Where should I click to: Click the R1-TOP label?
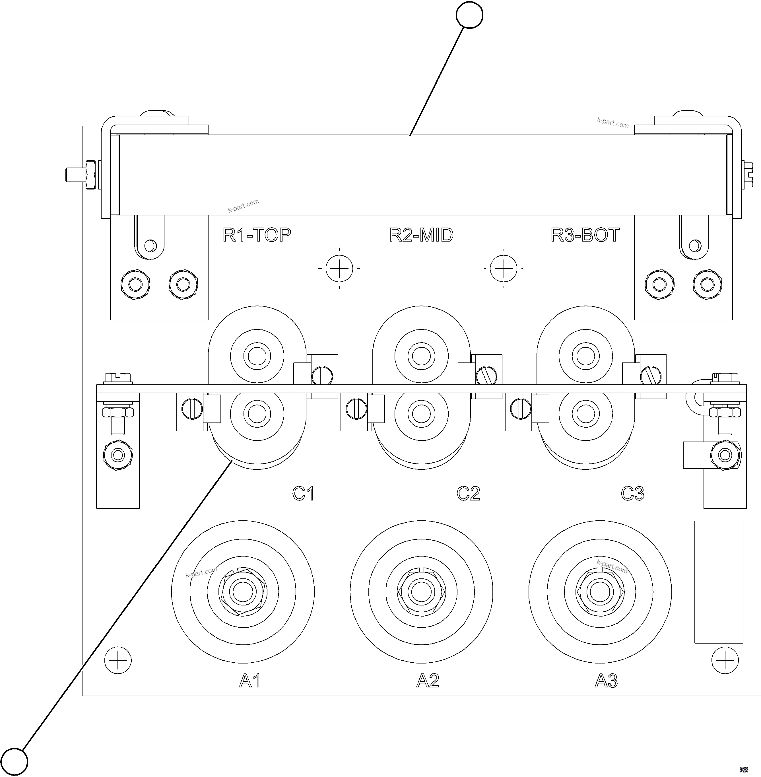click(x=257, y=235)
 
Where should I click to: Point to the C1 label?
click(x=303, y=494)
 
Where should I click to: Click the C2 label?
click(x=468, y=494)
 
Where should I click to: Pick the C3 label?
click(x=632, y=494)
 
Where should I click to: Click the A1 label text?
click(x=250, y=680)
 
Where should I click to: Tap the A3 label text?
click(x=606, y=680)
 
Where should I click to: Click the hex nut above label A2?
click(x=421, y=591)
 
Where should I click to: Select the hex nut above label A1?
click(x=243, y=591)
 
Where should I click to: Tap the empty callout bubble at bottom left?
click(x=15, y=762)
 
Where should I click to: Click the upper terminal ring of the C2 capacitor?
click(x=421, y=356)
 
